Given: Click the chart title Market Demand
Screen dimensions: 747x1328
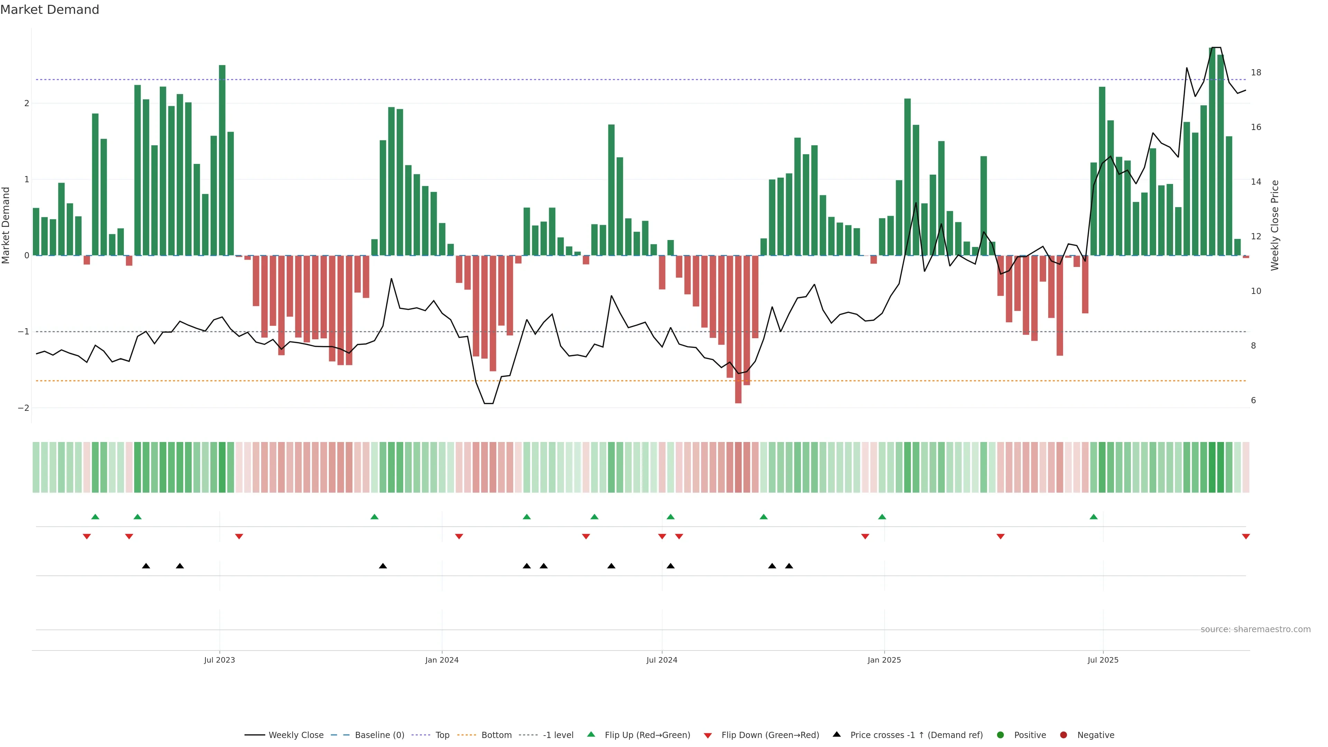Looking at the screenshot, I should tap(49, 10).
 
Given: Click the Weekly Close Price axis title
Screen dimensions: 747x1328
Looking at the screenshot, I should tap(1275, 225).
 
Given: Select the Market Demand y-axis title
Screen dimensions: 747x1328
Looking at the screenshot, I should tap(6, 225).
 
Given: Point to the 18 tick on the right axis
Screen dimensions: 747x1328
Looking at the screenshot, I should tap(1256, 73).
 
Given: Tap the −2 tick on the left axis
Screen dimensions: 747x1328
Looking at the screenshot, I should tap(23, 408).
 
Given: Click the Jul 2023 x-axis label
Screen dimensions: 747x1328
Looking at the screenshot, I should tap(219, 660).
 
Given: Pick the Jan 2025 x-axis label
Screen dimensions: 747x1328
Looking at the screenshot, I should tap(884, 660).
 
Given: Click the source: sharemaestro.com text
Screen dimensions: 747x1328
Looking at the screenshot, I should tap(1255, 629).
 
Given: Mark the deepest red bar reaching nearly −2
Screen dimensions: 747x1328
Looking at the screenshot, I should tap(738, 330).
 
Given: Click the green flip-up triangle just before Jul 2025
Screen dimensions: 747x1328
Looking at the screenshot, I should tap(1094, 517).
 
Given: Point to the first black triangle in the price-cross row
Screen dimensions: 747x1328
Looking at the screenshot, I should tap(146, 566).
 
